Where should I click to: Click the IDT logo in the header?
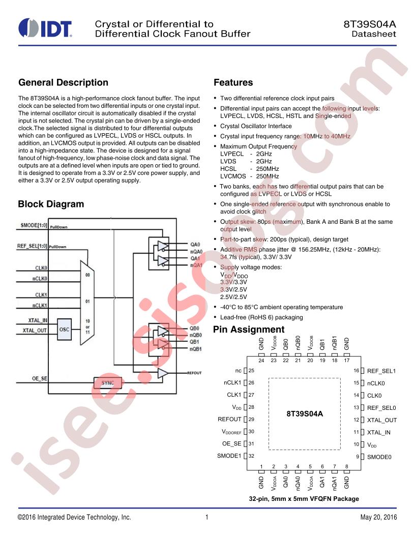[x=45, y=28]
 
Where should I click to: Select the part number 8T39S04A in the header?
[x=370, y=24]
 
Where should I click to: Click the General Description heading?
[x=64, y=82]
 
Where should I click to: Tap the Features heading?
[x=233, y=82]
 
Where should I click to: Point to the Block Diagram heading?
[x=51, y=204]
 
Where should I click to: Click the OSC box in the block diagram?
[x=65, y=330]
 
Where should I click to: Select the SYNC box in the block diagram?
[x=107, y=383]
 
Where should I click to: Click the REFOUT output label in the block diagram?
[x=194, y=373]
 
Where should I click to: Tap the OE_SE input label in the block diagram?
[x=40, y=378]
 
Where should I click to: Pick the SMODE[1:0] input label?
[x=34, y=225]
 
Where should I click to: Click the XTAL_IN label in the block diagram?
[x=38, y=320]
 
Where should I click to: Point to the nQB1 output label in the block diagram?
[x=195, y=349]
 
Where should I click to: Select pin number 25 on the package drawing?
[x=251, y=371]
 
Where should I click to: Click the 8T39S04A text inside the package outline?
[x=305, y=414]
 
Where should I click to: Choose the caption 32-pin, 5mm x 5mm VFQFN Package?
[x=304, y=499]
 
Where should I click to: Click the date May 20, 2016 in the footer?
[x=379, y=517]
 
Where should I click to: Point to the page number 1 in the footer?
[x=207, y=517]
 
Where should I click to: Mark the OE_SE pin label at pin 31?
[x=232, y=444]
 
